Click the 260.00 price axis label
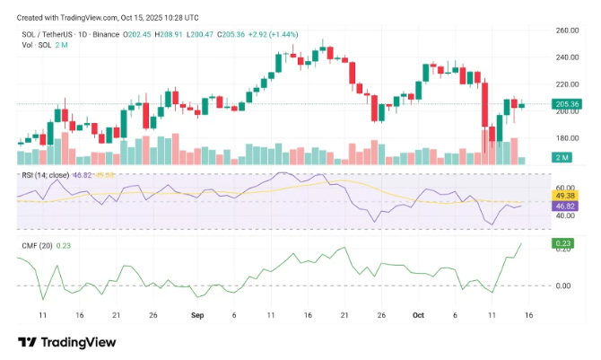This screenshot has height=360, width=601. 567,31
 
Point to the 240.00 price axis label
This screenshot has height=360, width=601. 567,57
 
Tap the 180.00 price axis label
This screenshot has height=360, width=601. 567,138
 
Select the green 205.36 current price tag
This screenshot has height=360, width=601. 567,104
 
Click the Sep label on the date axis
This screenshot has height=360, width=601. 196,316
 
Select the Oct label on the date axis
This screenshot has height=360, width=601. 417,316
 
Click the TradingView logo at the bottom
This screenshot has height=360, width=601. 67,342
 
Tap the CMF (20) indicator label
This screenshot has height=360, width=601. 37,244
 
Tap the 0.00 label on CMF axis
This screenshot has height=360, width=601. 564,286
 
